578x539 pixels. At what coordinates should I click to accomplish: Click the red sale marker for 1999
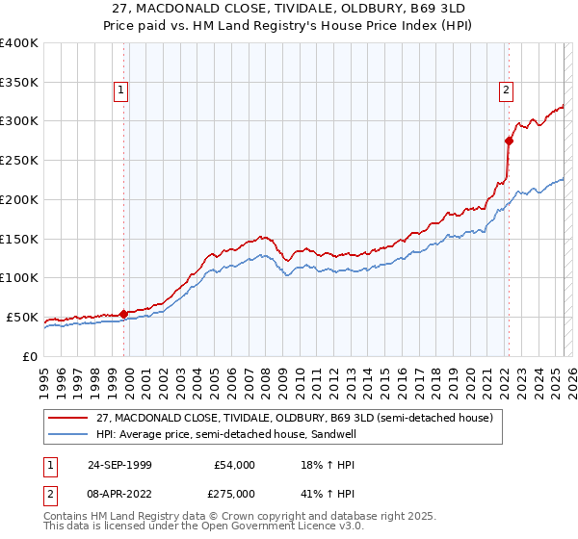click(123, 314)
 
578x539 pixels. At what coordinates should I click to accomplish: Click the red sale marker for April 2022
click(509, 141)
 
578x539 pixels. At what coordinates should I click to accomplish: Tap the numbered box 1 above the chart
click(121, 91)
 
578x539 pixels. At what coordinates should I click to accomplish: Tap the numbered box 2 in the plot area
click(506, 91)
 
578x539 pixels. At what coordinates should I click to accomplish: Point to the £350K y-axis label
click(19, 83)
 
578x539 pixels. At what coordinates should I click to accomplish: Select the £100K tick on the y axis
click(19, 278)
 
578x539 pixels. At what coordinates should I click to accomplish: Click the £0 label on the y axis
click(30, 356)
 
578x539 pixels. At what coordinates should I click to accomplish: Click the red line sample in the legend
click(69, 418)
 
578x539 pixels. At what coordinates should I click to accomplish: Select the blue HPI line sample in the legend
click(69, 434)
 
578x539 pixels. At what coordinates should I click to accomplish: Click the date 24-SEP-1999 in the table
click(119, 465)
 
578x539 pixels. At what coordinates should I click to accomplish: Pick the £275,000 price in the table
click(233, 496)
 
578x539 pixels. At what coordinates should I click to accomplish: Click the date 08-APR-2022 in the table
click(119, 496)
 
